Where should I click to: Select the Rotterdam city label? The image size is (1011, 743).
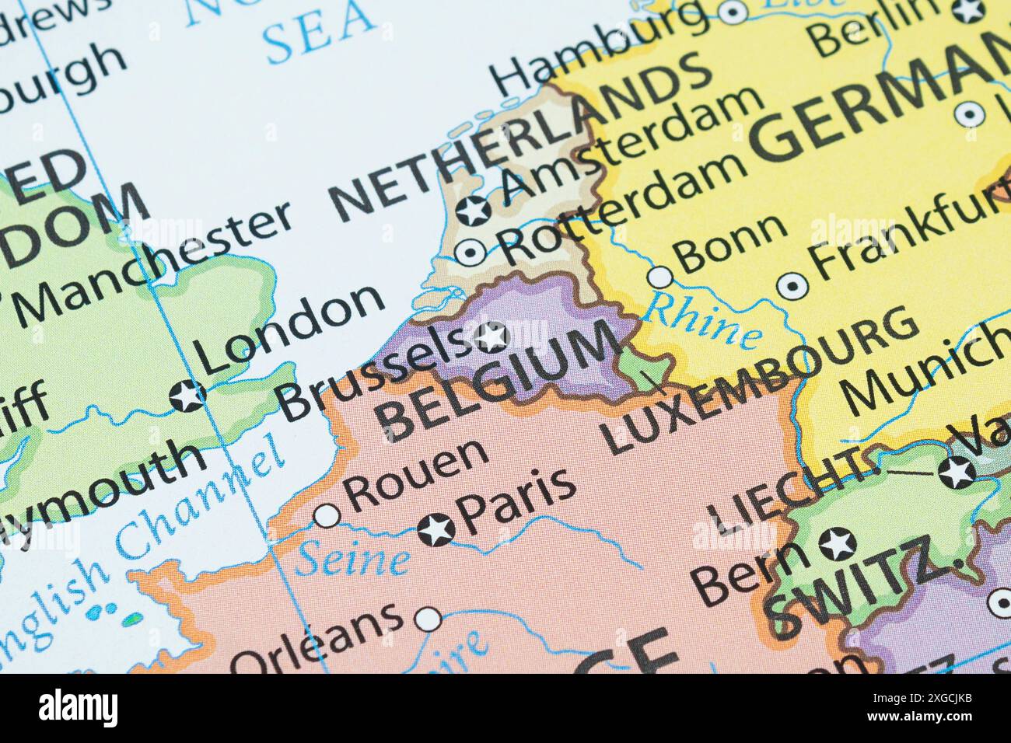(x=622, y=208)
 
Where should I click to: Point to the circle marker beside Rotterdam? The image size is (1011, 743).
(x=471, y=252)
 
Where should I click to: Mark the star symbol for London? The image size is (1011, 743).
(x=187, y=396)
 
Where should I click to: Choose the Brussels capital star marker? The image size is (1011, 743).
(x=491, y=337)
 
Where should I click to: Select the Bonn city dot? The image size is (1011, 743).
(x=660, y=276)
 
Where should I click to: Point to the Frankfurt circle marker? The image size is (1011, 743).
(x=792, y=287)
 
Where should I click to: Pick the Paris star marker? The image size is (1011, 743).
(x=436, y=530)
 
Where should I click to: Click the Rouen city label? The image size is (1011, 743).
(x=416, y=474)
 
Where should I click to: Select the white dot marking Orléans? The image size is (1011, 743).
(x=427, y=619)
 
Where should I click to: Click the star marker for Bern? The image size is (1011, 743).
(x=838, y=543)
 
